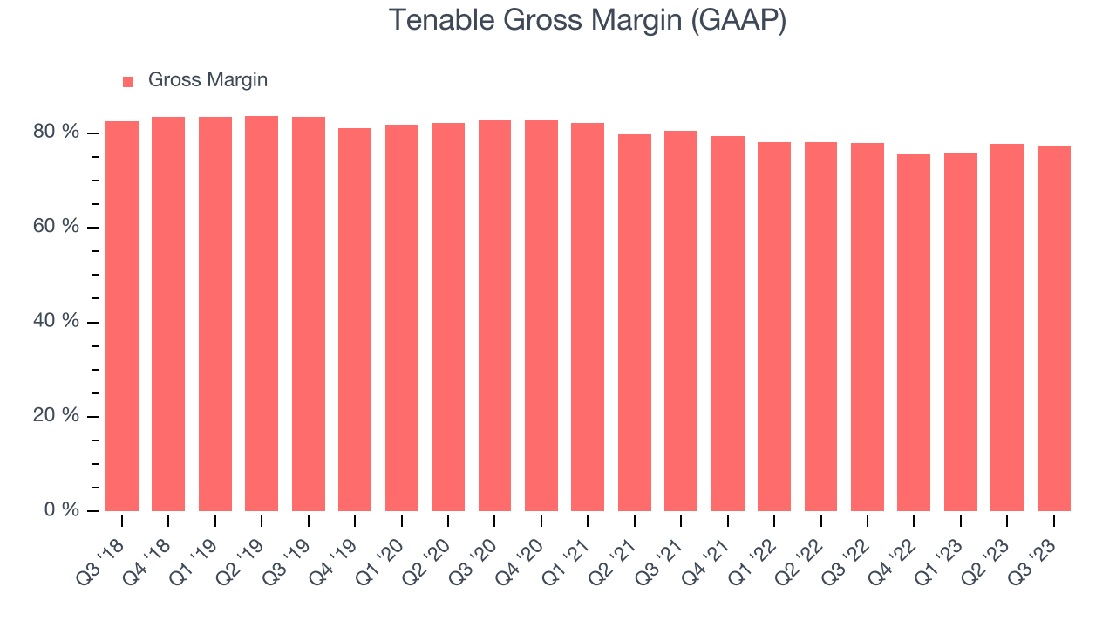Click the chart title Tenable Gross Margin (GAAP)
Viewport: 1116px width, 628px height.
[588, 20]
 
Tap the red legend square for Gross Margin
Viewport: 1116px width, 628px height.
[128, 82]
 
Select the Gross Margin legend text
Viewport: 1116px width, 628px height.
[208, 79]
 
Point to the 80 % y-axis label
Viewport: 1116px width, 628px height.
[56, 132]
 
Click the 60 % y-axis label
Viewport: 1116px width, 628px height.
[56, 226]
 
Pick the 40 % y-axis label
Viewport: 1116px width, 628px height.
[56, 320]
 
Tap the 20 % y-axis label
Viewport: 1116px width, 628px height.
[56, 414]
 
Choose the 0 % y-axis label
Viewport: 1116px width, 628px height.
[62, 509]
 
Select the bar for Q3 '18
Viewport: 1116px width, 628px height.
[122, 316]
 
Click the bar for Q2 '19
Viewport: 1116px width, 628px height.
[262, 313]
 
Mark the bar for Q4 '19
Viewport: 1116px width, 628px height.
[355, 319]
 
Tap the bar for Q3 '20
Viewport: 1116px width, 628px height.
[494, 316]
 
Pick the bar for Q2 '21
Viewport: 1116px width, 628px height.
[635, 323]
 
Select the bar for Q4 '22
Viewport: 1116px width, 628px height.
[914, 332]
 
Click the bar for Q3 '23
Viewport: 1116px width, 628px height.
[1054, 329]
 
